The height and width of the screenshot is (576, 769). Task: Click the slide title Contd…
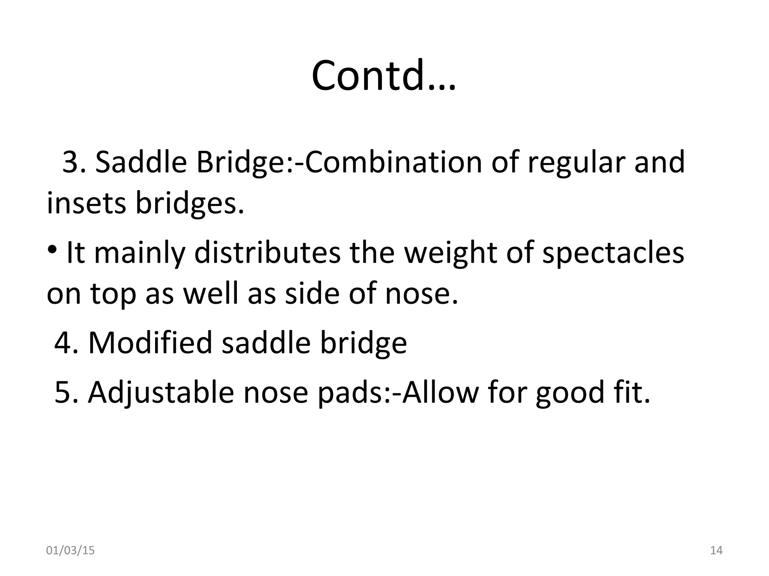pyautogui.click(x=383, y=75)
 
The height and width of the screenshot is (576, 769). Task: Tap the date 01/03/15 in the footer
pyautogui.click(x=70, y=550)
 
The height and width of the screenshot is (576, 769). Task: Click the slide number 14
pyautogui.click(x=716, y=550)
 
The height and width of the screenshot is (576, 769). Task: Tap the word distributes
pyautogui.click(x=267, y=253)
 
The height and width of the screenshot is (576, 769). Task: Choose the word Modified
pyautogui.click(x=150, y=343)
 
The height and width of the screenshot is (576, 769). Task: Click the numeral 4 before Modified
pyautogui.click(x=62, y=343)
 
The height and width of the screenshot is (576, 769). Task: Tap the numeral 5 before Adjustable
pyautogui.click(x=62, y=392)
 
